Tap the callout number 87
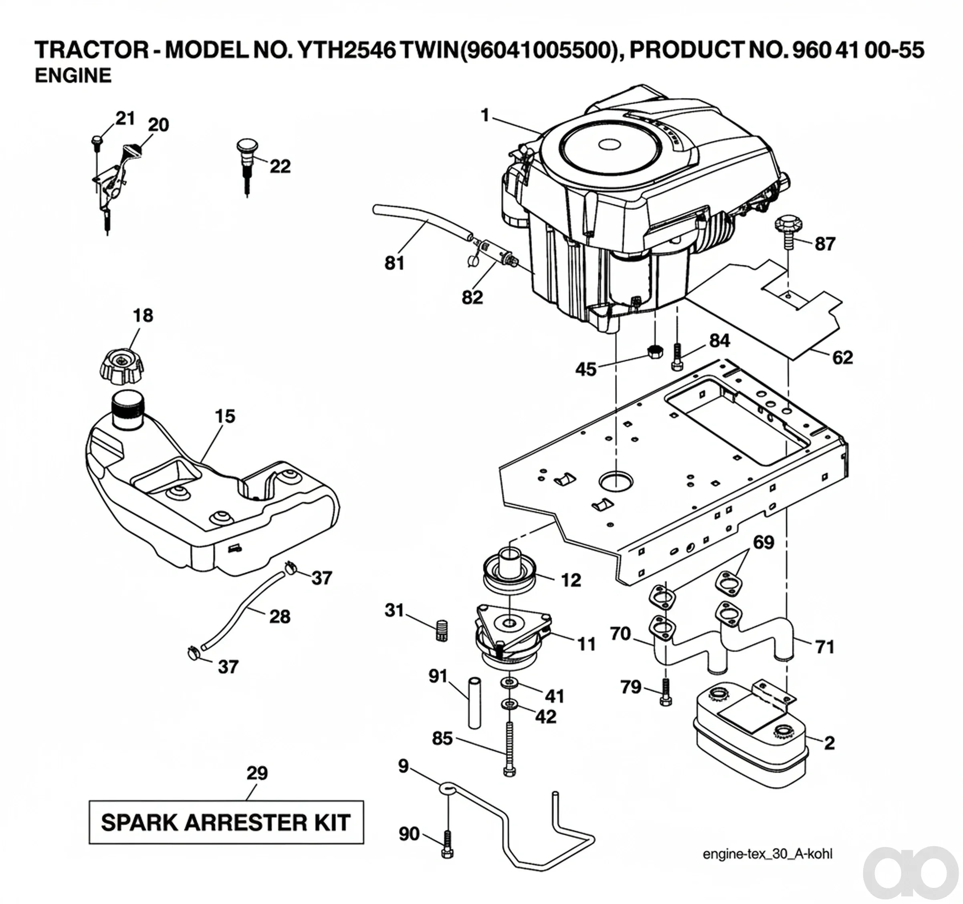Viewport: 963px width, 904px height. tap(825, 244)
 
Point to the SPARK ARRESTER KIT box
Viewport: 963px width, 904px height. tap(226, 822)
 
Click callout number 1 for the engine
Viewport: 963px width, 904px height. tap(485, 116)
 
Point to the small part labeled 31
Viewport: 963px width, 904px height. tap(441, 630)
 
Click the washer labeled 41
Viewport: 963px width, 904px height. tap(509, 683)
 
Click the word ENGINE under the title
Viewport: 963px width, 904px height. tap(73, 76)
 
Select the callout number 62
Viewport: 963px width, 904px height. tap(842, 357)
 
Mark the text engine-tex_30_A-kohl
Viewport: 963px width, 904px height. tap(767, 854)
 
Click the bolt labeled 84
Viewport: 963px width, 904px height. tap(677, 358)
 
